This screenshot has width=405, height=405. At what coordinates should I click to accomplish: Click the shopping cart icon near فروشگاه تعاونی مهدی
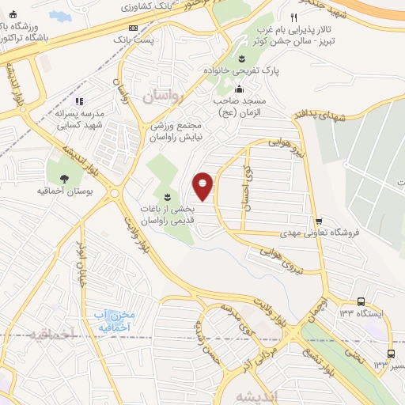click(x=318, y=222)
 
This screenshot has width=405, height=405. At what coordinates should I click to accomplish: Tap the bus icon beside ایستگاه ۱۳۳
click(x=361, y=301)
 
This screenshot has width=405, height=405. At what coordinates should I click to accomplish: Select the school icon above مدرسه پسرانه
click(x=79, y=100)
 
